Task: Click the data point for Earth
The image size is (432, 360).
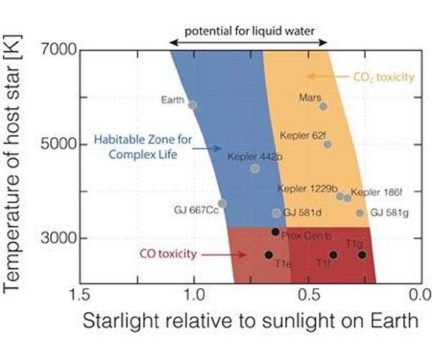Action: point(192,104)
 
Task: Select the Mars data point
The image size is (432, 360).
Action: point(323,107)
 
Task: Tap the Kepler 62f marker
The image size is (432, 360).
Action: point(328,144)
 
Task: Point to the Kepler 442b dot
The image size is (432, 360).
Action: point(255,168)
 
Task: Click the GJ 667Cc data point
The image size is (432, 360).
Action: point(222,204)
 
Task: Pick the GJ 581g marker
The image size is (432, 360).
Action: point(360,213)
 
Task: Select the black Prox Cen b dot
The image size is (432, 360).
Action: point(275,232)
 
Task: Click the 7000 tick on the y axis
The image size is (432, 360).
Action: point(58,51)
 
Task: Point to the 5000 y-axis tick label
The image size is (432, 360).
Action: point(58,145)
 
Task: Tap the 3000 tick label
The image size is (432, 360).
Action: point(58,238)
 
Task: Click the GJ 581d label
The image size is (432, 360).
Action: point(302,213)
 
